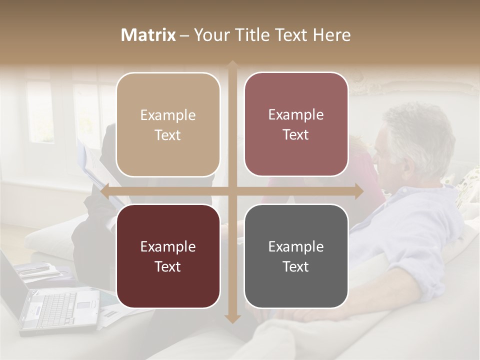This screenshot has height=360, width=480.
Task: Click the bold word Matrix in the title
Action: point(148,35)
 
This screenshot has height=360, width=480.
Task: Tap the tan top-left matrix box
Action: point(168,124)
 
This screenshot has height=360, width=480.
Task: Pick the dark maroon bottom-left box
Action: point(168,256)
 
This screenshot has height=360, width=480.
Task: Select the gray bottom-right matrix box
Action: point(296,256)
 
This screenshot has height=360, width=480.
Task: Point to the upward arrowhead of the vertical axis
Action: point(232,64)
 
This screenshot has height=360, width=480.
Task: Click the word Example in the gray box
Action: point(296,246)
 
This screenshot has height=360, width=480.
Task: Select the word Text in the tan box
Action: point(168,135)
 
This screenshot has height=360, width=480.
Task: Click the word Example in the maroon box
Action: point(168,246)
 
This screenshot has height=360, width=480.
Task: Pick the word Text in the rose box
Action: point(296,134)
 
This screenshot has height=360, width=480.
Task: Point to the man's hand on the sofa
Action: point(320,315)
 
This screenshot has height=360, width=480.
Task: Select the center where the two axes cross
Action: point(232,191)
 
